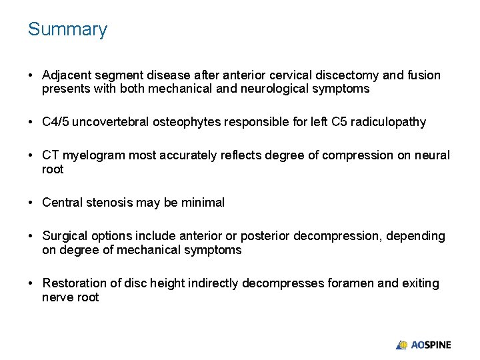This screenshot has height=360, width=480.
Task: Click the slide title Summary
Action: pyautogui.click(x=67, y=30)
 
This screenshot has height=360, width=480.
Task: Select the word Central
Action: pyautogui.click(x=62, y=203)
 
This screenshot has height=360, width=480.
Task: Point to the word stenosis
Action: pyautogui.click(x=108, y=203)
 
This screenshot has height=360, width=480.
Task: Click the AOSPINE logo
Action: pyautogui.click(x=423, y=345)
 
